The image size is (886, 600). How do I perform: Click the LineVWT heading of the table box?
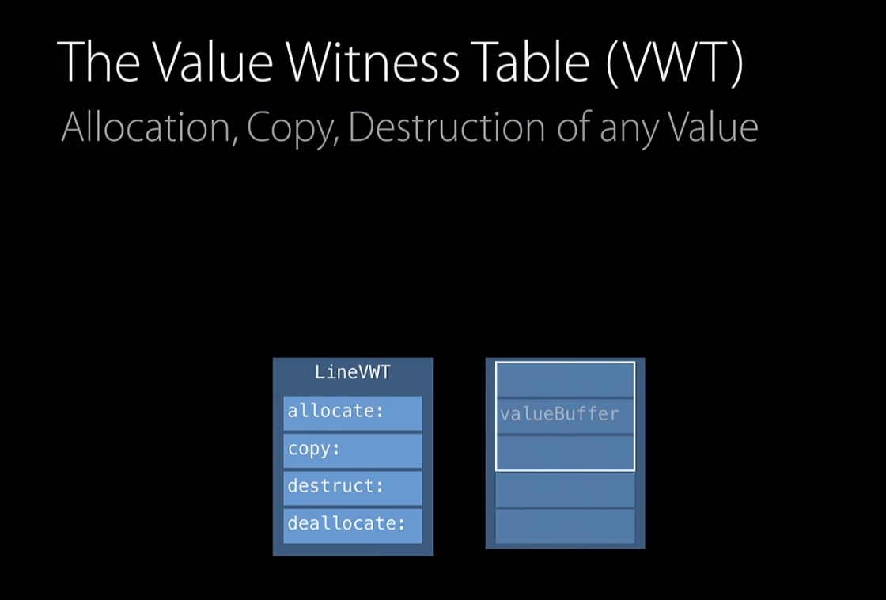[x=353, y=372]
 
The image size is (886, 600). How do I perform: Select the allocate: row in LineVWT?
[x=353, y=412]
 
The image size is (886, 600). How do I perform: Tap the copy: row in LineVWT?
[x=353, y=450]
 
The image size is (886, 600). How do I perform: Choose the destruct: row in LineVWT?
[x=353, y=487]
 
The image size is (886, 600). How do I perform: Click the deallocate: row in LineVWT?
[x=353, y=525]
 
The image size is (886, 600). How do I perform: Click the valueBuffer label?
[x=559, y=414]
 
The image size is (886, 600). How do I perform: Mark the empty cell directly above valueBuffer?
[x=565, y=380]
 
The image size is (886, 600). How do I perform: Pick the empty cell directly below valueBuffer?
[x=565, y=452]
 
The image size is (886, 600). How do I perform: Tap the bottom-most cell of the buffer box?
[x=565, y=526]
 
